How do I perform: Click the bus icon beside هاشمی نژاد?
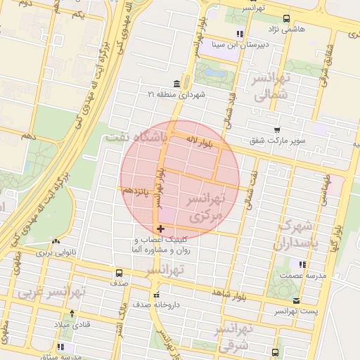(285, 19)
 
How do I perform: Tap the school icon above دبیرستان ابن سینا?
(240, 33)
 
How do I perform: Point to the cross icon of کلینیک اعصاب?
(162, 229)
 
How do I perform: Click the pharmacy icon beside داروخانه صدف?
(156, 294)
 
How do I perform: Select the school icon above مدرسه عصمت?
(302, 264)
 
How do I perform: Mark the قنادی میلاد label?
(72, 325)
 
